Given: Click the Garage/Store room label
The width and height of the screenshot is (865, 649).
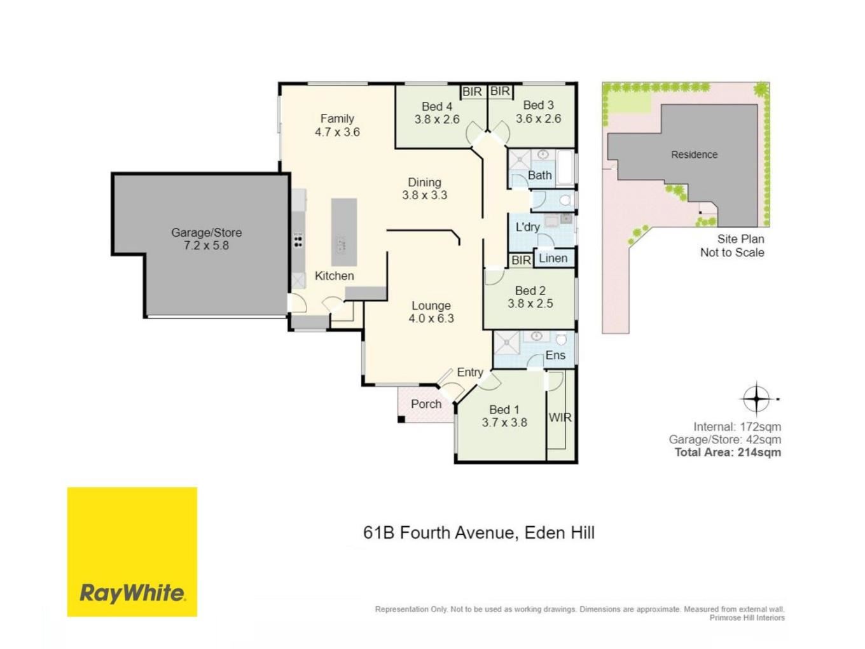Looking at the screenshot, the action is [x=206, y=232].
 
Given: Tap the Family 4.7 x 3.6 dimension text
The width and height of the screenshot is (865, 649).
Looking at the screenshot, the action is [x=337, y=132].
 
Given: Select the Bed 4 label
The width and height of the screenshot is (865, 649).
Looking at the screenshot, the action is [x=437, y=106].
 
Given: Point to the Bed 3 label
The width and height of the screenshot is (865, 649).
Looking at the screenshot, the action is [x=538, y=105].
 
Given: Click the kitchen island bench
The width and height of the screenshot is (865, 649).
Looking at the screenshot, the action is [x=344, y=232].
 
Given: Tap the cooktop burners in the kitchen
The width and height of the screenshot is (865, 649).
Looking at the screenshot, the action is [x=298, y=242].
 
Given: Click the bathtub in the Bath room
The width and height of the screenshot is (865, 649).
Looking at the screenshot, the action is [x=565, y=168].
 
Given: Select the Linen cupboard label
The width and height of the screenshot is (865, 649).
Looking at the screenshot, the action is [x=553, y=258].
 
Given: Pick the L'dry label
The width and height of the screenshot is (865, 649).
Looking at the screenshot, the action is [x=528, y=227].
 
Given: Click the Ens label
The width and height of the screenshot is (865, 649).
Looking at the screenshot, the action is [x=555, y=355].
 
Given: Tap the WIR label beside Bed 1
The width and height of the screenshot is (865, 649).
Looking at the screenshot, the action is [x=560, y=417].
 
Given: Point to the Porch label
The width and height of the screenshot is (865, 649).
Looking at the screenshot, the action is [x=426, y=404].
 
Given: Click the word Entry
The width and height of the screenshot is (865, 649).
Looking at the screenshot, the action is [x=470, y=372].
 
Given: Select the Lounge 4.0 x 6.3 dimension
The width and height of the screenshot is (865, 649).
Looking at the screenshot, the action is [x=431, y=318].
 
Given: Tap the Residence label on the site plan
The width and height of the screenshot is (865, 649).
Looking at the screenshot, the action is [x=695, y=155].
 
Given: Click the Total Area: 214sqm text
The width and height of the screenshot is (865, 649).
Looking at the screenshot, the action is [x=728, y=452].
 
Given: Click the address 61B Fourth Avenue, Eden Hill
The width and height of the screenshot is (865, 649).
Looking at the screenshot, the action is [x=479, y=533].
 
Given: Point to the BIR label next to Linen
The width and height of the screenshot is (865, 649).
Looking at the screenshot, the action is [x=521, y=260].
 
